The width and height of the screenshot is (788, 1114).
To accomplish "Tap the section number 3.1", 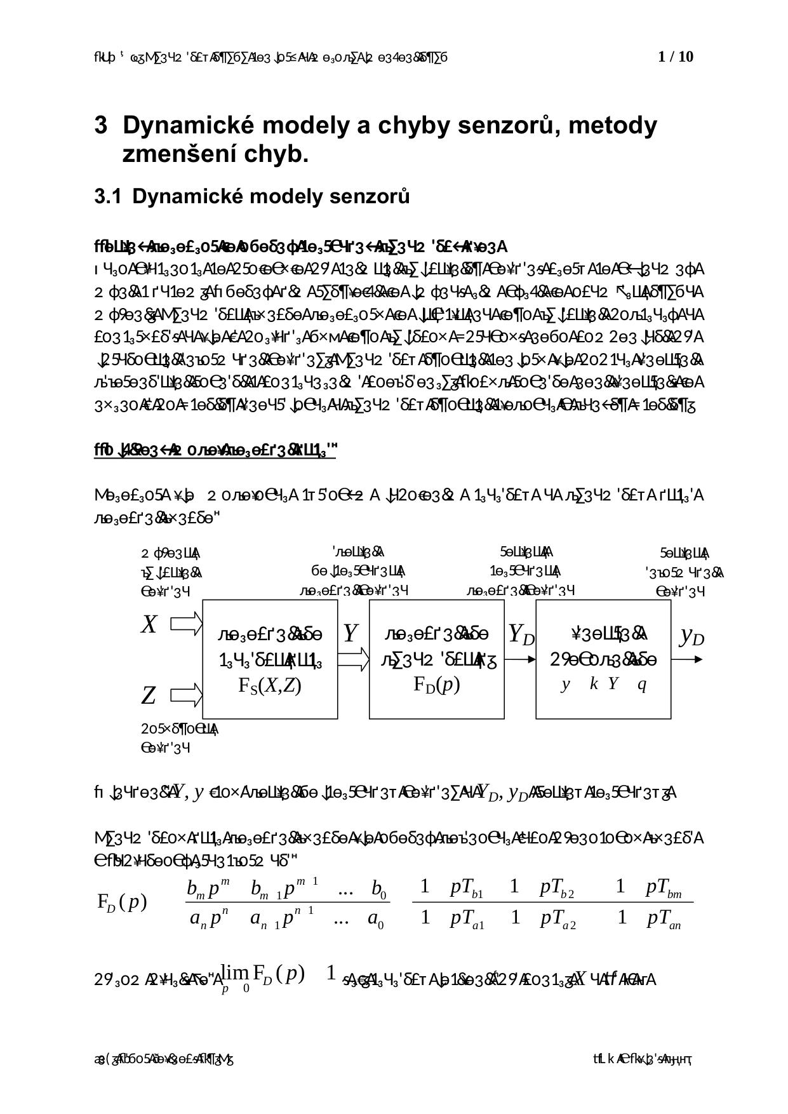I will coord(107,197).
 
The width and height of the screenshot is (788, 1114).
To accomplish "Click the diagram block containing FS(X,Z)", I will coord(270,659).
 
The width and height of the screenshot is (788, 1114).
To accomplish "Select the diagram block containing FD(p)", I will coord(436,659).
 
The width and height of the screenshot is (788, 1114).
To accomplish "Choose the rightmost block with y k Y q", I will coord(603,659).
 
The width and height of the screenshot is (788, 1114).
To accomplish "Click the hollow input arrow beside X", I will coord(187,624).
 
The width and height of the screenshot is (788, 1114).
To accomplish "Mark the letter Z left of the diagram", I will coord(149,696).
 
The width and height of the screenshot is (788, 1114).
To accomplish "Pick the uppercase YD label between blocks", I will coord(521,634).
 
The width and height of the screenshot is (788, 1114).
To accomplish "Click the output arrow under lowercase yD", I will coord(689,659).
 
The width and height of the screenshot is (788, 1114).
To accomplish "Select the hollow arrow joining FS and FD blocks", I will coord(354,659).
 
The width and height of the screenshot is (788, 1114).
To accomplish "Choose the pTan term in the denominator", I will coord(664,918).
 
